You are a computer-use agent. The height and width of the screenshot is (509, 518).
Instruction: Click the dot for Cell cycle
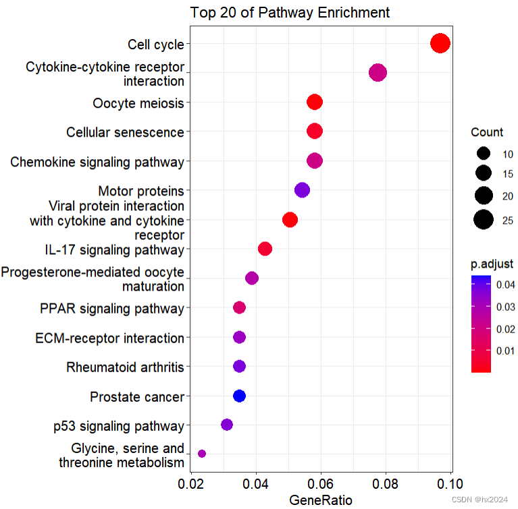[440, 44]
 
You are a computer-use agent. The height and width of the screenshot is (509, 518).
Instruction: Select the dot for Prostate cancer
[239, 396]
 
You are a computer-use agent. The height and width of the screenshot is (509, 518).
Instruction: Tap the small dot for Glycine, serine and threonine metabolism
[201, 454]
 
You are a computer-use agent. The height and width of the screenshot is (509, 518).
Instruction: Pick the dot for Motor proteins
[302, 190]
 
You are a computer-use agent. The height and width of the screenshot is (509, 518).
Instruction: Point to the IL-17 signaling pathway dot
[265, 249]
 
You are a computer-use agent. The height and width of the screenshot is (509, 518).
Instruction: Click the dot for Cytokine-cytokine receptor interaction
[378, 73]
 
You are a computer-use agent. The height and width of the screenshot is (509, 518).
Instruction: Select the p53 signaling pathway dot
[227, 425]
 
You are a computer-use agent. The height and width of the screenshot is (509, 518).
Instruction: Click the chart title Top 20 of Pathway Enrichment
[290, 12]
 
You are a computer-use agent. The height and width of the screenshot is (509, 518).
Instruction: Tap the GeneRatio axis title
[321, 500]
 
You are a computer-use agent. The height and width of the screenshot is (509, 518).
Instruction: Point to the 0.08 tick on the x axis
[386, 483]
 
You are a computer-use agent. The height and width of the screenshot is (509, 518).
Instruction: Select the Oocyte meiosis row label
[138, 103]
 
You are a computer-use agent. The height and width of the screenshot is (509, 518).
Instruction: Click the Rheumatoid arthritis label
[125, 367]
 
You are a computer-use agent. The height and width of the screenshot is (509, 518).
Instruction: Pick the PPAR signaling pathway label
[112, 309]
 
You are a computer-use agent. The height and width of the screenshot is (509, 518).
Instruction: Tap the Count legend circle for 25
[483, 220]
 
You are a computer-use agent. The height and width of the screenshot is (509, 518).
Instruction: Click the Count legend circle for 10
[483, 154]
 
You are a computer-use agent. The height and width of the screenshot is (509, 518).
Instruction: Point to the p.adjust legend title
[492, 263]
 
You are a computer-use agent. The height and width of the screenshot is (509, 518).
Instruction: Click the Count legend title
[487, 131]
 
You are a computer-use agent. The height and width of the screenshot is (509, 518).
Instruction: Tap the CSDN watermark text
[480, 500]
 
